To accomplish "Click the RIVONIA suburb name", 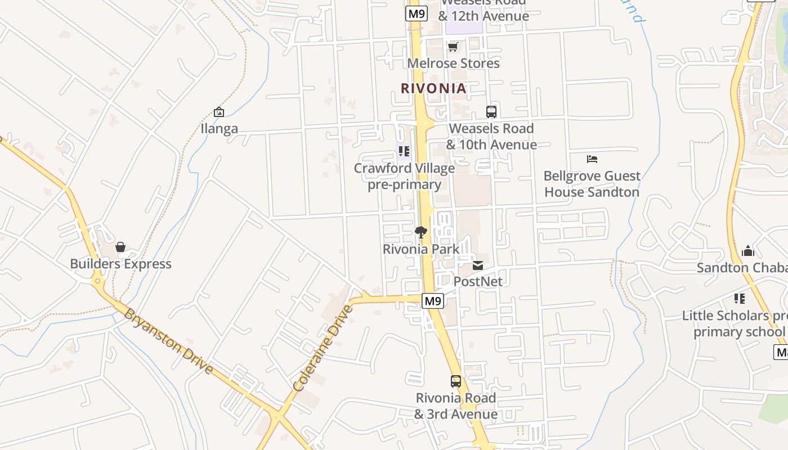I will point(433,88).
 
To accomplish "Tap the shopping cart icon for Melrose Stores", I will point(453,47).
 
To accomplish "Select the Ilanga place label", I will point(220,129).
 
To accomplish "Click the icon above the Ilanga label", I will point(219,112).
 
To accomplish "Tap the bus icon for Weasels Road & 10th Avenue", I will point(491,111).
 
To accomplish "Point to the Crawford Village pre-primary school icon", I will point(404,151).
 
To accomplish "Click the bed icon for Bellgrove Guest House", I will point(592,159).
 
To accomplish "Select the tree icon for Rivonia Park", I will point(420,232).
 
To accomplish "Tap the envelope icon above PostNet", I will point(478,265).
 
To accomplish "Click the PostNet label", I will point(478,281).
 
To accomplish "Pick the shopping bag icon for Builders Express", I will point(120,247).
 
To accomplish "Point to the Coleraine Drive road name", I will point(323,348).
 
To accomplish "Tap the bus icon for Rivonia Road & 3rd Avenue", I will point(456,381).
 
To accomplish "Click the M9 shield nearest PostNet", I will point(433,301).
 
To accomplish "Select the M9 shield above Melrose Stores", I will point(416,12).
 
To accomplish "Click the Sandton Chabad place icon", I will point(748,251).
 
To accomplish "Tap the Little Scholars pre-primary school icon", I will point(740,299).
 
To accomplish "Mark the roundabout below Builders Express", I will point(98,281).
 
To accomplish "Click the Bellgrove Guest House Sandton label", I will point(592,184).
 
